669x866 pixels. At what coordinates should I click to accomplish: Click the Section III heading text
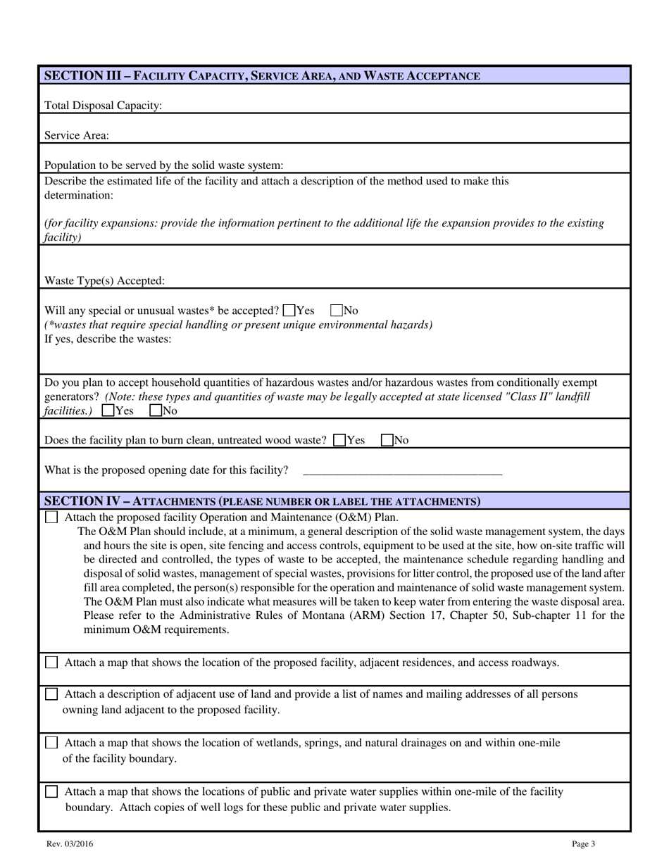click(x=262, y=75)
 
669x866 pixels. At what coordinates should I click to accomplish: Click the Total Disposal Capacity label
click(x=104, y=106)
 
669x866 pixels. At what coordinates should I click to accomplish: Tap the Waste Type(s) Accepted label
click(x=105, y=281)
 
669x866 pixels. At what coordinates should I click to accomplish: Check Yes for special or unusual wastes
click(x=289, y=310)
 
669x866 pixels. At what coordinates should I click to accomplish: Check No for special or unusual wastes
click(x=337, y=310)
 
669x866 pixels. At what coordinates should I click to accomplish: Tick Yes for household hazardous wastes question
click(x=108, y=410)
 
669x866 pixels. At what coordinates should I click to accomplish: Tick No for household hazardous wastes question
click(x=156, y=410)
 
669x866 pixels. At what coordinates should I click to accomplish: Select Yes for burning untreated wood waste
click(x=339, y=440)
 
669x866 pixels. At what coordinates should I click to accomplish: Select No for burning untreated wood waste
click(x=387, y=440)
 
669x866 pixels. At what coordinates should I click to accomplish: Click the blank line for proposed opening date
click(x=402, y=470)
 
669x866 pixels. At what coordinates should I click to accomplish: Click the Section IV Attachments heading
click(x=262, y=501)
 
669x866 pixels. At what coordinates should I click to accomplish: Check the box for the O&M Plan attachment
click(x=51, y=517)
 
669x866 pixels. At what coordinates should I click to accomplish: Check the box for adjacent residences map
click(x=51, y=663)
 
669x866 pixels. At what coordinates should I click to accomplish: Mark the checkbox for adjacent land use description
click(x=51, y=694)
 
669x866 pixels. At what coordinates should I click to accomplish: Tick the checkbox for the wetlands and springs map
click(x=51, y=743)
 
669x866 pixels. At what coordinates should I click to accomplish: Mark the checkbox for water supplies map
click(x=51, y=791)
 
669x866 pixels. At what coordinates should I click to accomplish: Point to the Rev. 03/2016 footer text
click(x=70, y=844)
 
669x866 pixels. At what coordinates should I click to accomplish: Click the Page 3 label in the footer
click(x=583, y=844)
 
